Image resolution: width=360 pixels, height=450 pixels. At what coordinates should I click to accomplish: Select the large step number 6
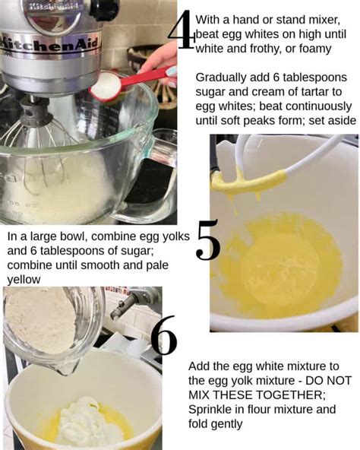(164, 337)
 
